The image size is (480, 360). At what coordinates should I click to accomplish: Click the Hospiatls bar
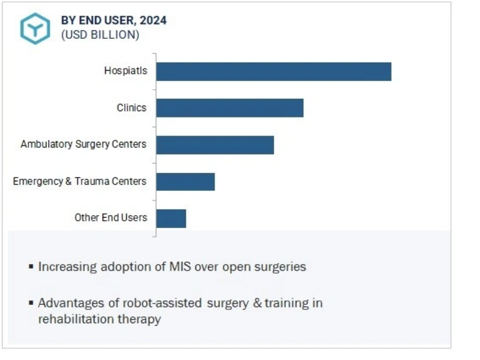tap(273, 71)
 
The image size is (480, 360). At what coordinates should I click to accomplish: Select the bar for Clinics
tap(229, 108)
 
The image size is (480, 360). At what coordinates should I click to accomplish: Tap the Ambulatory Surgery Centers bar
tap(215, 144)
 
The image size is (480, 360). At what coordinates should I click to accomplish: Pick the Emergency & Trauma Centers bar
tap(185, 181)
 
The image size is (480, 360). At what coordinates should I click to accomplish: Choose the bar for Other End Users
tap(171, 218)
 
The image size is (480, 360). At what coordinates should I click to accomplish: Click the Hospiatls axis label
tap(125, 71)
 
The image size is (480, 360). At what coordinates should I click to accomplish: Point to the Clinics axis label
tap(131, 108)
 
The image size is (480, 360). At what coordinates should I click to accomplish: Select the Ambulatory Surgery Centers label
tap(83, 144)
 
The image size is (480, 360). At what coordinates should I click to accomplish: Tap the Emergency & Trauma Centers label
tap(80, 181)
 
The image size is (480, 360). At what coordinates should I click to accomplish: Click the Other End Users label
tap(111, 218)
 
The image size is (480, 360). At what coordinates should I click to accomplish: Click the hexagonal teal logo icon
tap(35, 28)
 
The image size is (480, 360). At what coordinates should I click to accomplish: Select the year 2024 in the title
tap(154, 21)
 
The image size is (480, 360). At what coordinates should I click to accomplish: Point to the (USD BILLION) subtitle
tap(100, 35)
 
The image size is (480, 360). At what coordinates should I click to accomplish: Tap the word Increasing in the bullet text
tap(65, 267)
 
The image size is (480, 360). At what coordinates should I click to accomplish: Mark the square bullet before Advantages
tap(32, 303)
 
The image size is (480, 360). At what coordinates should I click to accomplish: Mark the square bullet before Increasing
tap(32, 266)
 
